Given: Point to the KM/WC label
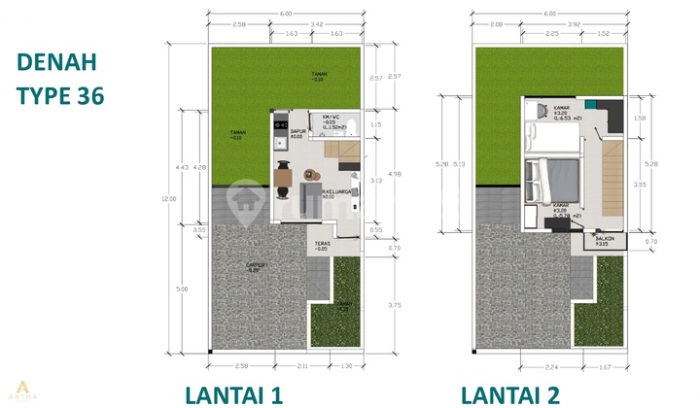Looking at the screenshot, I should tap(335, 118).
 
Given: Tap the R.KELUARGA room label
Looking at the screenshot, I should tap(336, 194).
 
